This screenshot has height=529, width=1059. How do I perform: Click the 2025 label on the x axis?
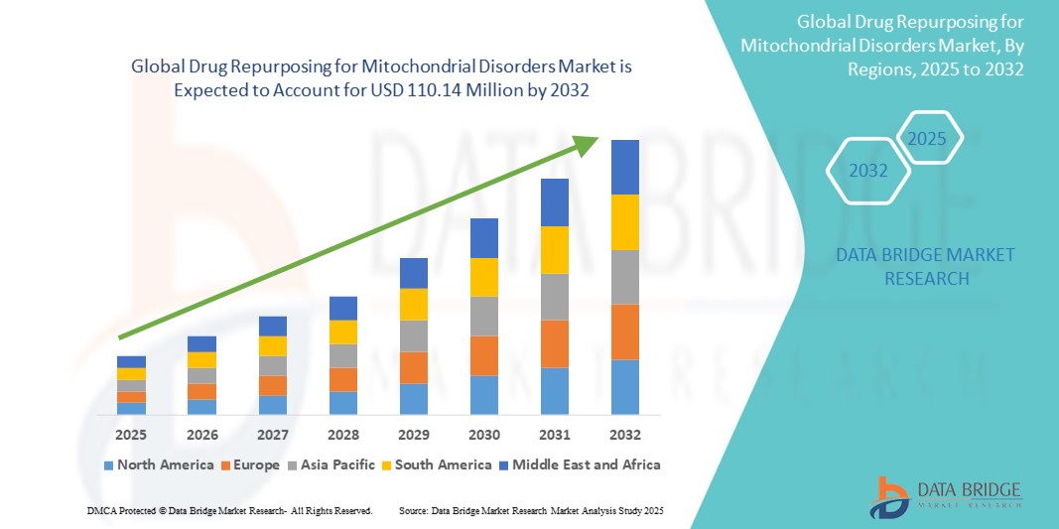131,435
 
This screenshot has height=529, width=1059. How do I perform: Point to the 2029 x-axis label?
413,435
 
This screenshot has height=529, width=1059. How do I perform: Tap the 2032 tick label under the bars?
625,435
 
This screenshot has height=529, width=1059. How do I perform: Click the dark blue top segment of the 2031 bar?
555,202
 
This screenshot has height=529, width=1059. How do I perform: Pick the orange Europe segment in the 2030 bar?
483,355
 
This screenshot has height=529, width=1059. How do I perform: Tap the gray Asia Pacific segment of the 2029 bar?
413,335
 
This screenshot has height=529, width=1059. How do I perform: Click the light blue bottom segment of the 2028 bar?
342,402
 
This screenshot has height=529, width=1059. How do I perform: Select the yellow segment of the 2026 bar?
201,359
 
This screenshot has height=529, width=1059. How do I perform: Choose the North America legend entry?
159,464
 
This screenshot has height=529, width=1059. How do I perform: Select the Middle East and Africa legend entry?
582,464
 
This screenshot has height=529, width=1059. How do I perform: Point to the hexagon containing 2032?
868,171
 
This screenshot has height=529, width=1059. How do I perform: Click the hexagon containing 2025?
927,138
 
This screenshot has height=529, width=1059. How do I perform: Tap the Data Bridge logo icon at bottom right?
889,496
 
